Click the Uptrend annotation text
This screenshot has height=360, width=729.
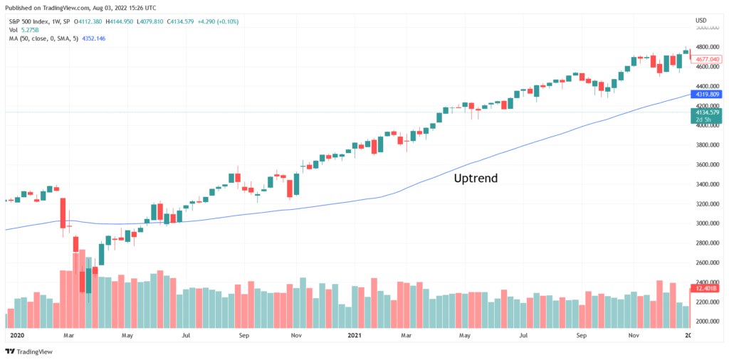pyautogui.click(x=476, y=179)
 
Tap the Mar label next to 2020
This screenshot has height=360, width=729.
pyautogui.click(x=68, y=334)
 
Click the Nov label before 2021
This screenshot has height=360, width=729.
pyautogui.click(x=298, y=334)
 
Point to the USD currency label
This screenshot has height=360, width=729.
pyautogui.click(x=701, y=20)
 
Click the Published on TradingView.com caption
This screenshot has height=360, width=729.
pyautogui.click(x=82, y=6)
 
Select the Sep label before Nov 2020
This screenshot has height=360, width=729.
pyautogui.click(x=244, y=334)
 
